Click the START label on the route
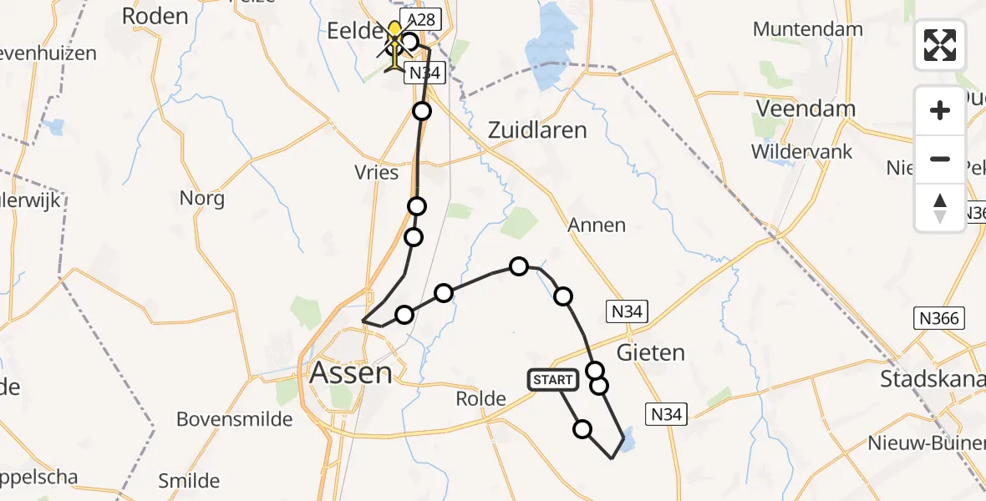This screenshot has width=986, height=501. coord(552,380)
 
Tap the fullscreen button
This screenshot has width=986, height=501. coord(940,44)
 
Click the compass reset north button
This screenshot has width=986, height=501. coord(940,208)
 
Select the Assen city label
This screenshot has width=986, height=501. coord(351,372)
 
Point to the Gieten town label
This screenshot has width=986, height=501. coord(651,352)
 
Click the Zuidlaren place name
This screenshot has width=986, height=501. coord(537,130)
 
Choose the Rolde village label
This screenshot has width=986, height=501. coord(481,398)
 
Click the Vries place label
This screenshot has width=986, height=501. coord(377,172)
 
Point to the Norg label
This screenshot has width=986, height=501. coord(202,199)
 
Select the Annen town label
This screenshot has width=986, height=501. coord(596,225)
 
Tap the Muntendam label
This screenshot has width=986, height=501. coord(807,29)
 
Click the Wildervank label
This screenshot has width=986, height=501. coord(801,152)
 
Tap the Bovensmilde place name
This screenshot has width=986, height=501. coord(235,418)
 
